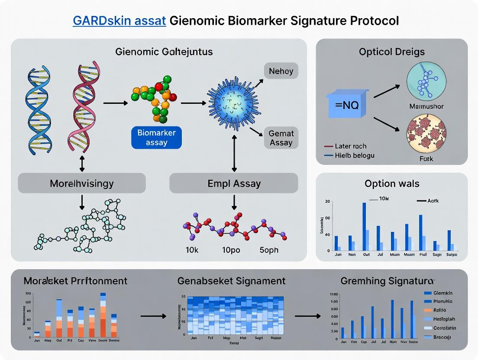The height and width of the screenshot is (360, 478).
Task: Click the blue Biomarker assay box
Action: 156,138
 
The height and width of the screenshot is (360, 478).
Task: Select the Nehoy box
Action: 281,71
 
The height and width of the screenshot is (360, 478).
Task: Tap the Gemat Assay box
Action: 281,138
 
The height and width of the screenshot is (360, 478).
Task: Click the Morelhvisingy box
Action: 82,183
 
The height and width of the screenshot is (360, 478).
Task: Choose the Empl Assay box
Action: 234,183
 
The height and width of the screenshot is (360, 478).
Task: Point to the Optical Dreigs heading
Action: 392,52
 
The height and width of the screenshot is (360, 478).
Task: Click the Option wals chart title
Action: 392,183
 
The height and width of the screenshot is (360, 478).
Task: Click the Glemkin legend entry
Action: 442,293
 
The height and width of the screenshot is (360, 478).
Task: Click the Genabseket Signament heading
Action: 232,281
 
